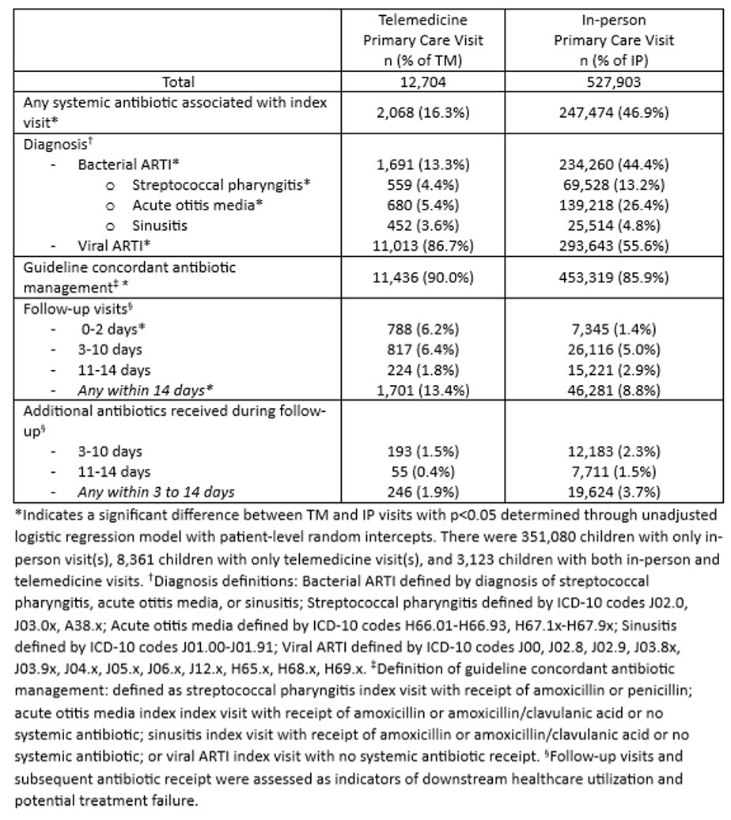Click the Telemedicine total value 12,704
pos(422,81)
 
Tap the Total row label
pos(178,81)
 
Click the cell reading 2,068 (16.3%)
pos(422,112)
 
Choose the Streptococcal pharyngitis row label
pos(221,185)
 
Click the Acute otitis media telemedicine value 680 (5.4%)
pos(422,206)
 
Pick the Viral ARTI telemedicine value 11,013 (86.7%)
pos(422,246)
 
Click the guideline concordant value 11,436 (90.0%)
pos(422,277)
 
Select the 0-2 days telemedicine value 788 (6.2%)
pos(422,328)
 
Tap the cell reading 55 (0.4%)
pos(422,471)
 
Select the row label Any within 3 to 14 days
pos(156,492)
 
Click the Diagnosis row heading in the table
pos(54,145)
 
